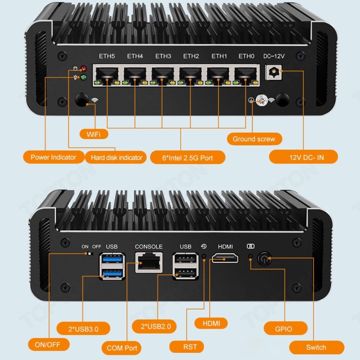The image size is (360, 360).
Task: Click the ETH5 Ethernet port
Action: point(106,76)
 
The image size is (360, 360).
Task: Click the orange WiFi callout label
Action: point(94,134)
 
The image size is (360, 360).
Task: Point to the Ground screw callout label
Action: point(254,139)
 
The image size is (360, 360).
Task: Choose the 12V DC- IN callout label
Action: point(303,157)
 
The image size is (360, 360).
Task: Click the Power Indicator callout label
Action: point(53,157)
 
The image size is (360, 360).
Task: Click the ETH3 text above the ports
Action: point(163,56)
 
